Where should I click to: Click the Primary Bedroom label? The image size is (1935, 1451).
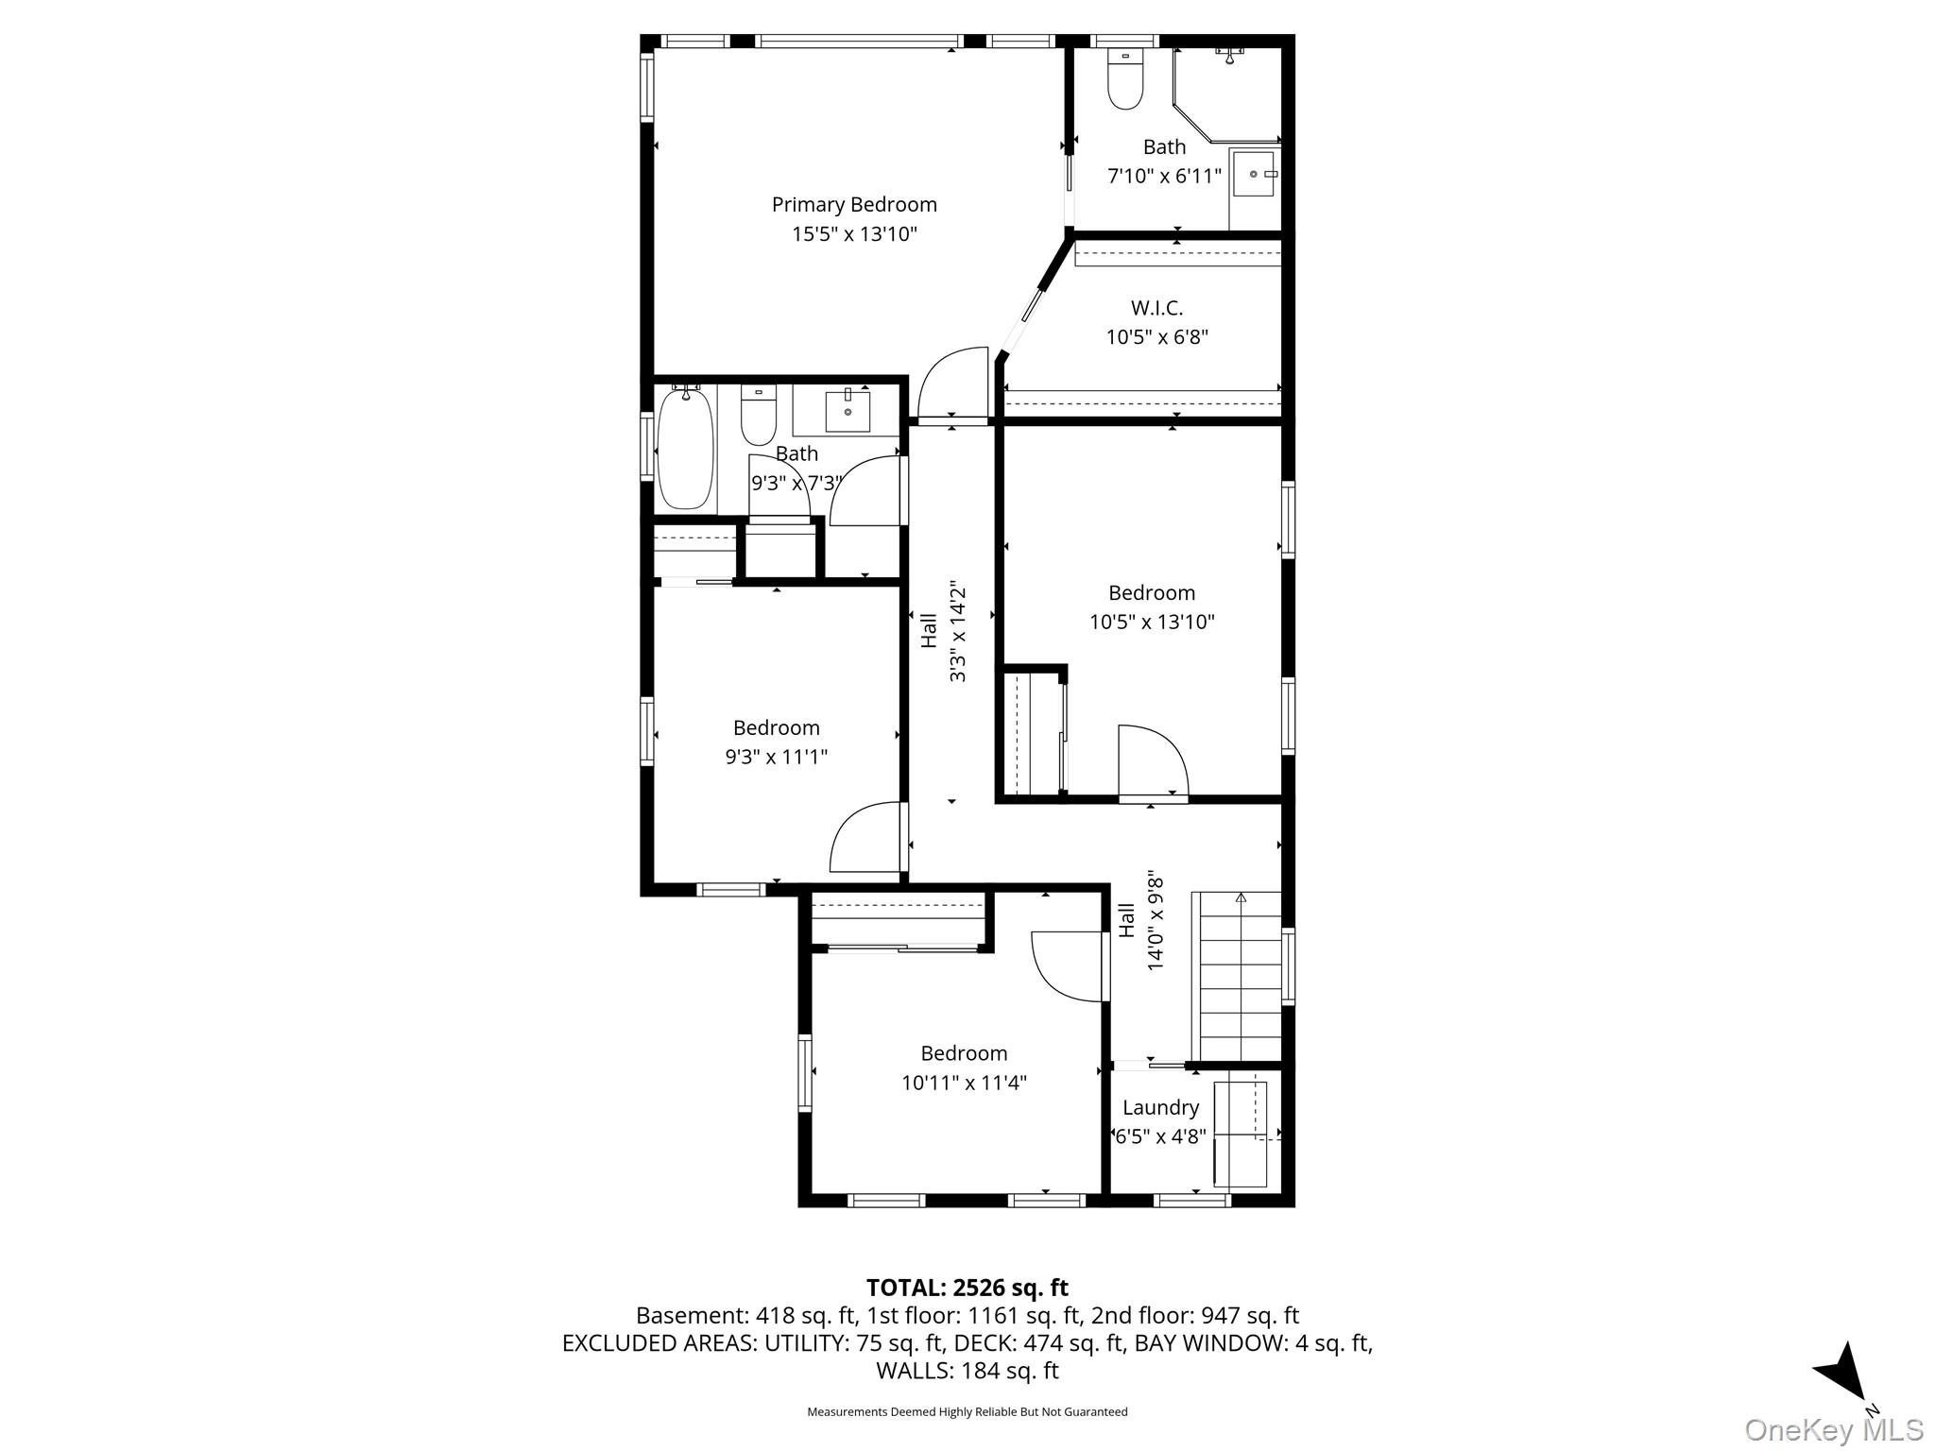(854, 205)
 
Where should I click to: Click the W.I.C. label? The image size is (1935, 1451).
(1156, 308)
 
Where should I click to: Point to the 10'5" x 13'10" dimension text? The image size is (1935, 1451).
(1152, 623)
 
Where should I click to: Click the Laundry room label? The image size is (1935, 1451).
(1160, 1107)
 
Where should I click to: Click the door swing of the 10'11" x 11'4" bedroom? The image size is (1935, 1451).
(1065, 966)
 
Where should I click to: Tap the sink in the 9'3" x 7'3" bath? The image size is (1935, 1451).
(848, 411)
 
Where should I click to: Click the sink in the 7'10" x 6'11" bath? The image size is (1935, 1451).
(1254, 174)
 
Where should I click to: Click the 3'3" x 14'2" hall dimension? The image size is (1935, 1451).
(958, 630)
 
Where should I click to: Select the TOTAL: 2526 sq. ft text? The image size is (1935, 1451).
(967, 1288)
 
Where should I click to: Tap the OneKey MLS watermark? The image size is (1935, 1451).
(1833, 1430)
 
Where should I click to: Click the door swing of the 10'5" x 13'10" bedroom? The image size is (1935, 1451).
(1151, 761)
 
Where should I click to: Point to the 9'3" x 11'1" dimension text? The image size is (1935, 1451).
(776, 757)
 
